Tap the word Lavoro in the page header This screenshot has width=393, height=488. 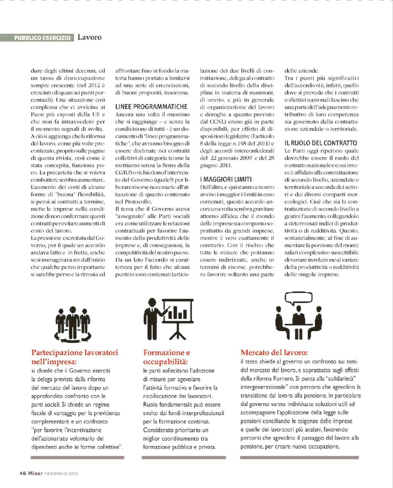coord(90,37)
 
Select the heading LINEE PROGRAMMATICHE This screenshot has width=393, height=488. coord(151,107)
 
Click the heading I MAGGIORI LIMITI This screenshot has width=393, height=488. coord(226,179)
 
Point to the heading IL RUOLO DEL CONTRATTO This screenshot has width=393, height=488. coord(321,143)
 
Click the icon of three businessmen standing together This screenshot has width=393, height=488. coord(73,323)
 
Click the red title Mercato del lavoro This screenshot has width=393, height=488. coord(274,353)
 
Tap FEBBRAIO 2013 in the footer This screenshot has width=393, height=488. coord(61,473)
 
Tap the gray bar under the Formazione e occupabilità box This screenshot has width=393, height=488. coord(184,458)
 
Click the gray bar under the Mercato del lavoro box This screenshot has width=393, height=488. coord(299,458)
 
